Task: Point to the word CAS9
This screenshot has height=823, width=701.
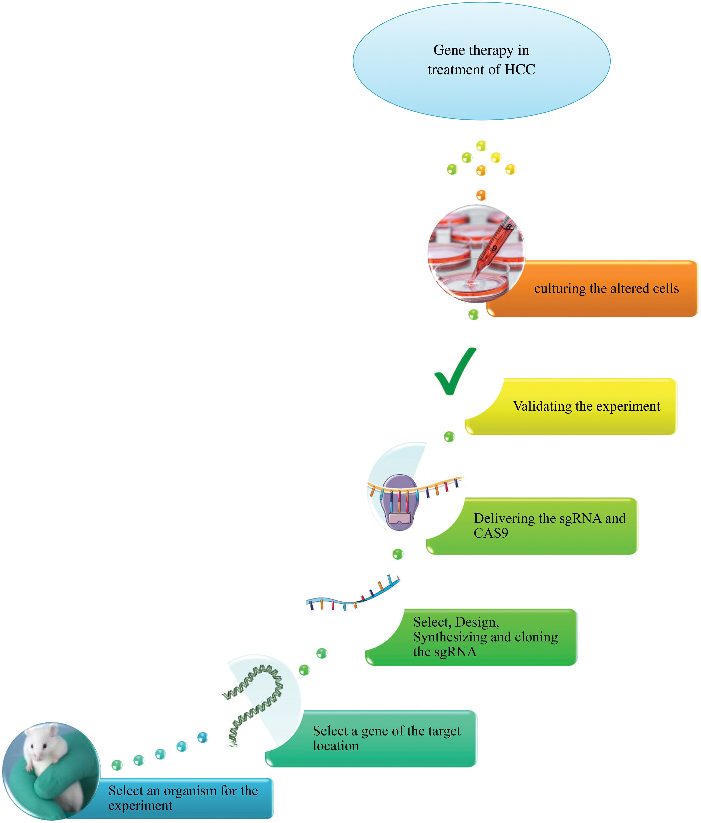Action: (x=491, y=533)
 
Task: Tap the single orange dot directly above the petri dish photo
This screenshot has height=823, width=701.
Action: (x=481, y=195)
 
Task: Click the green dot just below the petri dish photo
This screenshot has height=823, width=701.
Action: (x=473, y=315)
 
